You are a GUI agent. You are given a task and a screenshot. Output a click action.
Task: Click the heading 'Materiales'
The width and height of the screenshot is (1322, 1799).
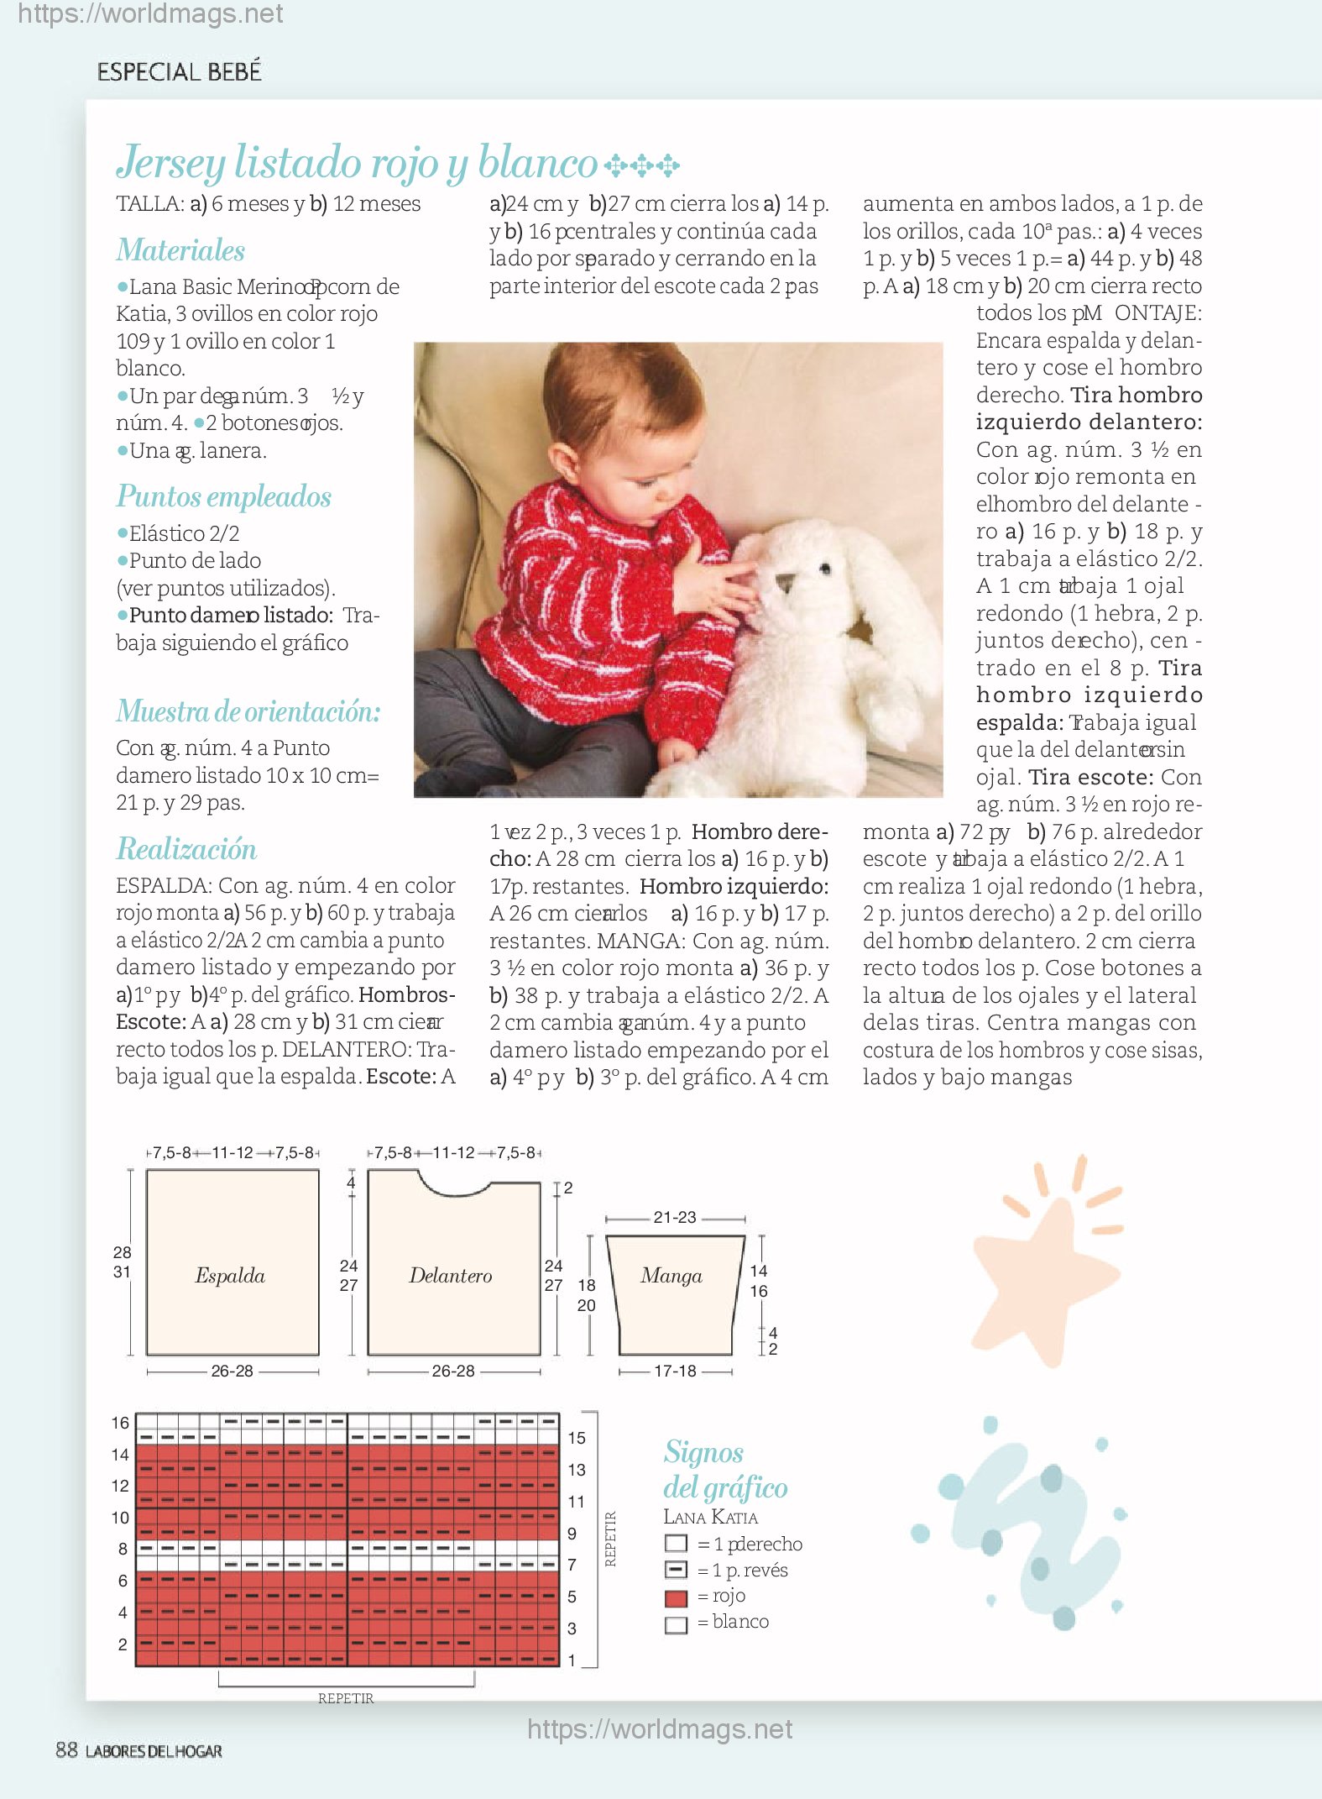coord(180,250)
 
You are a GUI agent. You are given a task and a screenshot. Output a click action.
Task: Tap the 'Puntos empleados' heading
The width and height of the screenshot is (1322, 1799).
coord(223,496)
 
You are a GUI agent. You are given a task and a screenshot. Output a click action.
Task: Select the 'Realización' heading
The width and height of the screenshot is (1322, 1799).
coord(186,849)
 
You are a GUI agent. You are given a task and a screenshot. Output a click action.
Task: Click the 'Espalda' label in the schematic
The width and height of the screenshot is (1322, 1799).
coord(230,1276)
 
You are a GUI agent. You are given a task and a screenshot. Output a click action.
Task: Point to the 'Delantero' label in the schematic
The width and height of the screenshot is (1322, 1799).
coord(451,1276)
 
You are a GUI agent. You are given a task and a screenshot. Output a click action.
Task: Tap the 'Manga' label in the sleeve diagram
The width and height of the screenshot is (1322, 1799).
coord(671,1276)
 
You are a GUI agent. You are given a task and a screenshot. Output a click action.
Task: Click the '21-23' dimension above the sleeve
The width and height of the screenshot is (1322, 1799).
coord(675,1218)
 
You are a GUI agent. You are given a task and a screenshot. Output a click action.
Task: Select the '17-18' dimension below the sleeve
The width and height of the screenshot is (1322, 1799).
coord(675,1372)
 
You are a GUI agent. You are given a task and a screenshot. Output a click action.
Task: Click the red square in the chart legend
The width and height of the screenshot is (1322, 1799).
coord(676,1597)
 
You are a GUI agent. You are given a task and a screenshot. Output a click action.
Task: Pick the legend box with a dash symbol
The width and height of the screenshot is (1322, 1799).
coord(676,1570)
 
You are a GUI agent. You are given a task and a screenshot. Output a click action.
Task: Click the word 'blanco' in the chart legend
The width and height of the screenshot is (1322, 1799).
coord(740,1622)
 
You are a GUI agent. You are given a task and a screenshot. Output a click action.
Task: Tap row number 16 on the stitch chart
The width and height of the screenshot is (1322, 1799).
coord(120,1424)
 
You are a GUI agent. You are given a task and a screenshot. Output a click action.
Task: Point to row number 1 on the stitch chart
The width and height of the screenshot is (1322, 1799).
coord(572,1660)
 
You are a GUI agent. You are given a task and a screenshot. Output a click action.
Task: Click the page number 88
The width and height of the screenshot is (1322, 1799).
coord(66,1750)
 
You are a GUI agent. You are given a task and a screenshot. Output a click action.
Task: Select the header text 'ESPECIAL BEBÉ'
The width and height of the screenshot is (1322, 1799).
coord(179,72)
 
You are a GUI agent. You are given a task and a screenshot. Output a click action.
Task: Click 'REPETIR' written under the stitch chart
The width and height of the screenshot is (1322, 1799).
coord(346,1698)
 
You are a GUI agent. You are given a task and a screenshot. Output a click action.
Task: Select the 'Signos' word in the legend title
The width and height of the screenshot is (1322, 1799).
coord(703,1452)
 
